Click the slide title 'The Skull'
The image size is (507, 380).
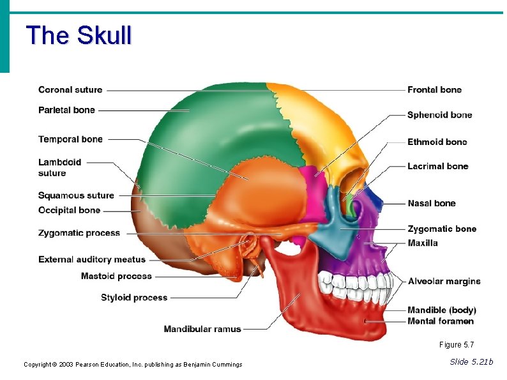[79, 35]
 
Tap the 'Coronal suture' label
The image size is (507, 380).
[70, 89]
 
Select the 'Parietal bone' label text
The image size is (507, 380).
[66, 110]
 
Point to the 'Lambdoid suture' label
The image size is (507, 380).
[59, 167]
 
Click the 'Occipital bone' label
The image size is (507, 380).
[69, 210]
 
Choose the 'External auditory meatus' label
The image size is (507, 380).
[92, 259]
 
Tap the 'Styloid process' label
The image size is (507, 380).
[134, 298]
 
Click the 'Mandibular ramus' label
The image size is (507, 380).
[202, 330]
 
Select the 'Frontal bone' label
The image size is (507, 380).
[434, 89]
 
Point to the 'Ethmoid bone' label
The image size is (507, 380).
[437, 142]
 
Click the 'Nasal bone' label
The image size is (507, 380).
[432, 203]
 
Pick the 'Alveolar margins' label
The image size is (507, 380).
[444, 281]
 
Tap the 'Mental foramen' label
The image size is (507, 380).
[441, 321]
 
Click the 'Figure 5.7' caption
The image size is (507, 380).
[457, 345]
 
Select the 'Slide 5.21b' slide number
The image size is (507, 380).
[471, 362]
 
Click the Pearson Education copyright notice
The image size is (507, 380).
[133, 365]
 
